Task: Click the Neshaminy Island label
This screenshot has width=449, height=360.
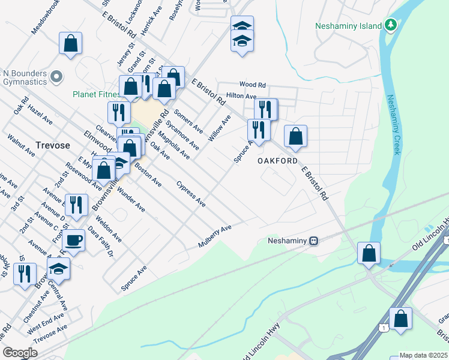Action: [349, 26]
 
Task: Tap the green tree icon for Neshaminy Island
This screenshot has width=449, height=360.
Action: [391, 25]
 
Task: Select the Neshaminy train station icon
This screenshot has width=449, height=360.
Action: [313, 241]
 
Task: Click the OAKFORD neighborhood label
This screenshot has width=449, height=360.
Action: [277, 161]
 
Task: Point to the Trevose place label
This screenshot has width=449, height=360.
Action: [53, 145]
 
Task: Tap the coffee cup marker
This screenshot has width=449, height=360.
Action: [73, 241]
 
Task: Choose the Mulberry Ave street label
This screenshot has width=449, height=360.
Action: [215, 237]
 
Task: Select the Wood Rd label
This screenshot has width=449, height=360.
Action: [252, 85]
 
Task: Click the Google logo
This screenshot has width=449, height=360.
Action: [20, 353]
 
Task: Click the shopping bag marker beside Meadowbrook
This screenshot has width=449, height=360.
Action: [70, 43]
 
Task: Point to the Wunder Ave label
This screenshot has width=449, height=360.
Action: [131, 199]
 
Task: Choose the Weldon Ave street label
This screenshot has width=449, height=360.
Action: [108, 229]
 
